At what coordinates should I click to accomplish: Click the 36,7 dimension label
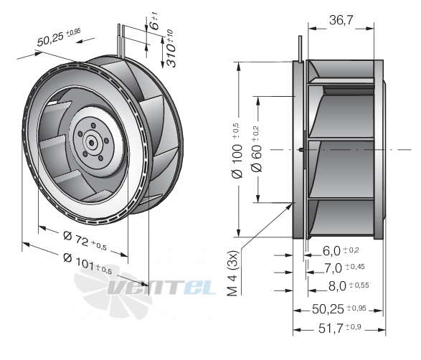pyautogui.click(x=341, y=20)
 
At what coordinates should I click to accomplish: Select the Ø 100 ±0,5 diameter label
pyautogui.click(x=237, y=151)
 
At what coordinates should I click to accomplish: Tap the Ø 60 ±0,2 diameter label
pyautogui.click(x=257, y=149)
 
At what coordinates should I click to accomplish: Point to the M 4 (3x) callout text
pyautogui.click(x=233, y=273)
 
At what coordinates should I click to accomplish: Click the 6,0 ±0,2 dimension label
pyautogui.click(x=341, y=251)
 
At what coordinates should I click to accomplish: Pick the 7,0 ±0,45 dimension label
pyautogui.click(x=344, y=267)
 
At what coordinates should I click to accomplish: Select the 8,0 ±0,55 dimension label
pyautogui.click(x=349, y=286)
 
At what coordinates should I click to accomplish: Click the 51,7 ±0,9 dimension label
pyautogui.click(x=340, y=328)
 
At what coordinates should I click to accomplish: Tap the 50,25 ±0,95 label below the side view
pyautogui.click(x=339, y=309)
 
